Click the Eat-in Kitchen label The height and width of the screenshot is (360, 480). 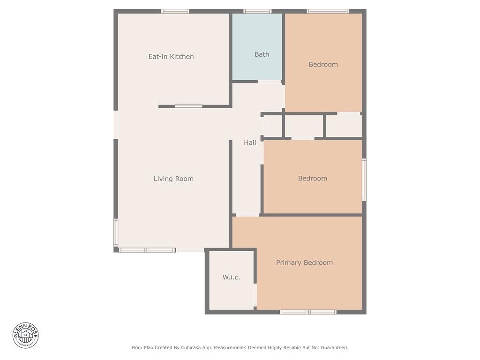tap(171, 57)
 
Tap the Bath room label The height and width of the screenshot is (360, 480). tap(262, 54)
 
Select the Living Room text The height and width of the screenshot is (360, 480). tap(173, 179)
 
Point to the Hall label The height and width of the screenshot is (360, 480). tap(250, 142)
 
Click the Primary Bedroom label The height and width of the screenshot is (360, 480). tap(304, 262)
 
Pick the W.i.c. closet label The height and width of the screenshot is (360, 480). tap(231, 277)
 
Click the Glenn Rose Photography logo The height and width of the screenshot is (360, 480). tap(26, 335)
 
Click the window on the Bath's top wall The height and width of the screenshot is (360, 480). tap(257, 11)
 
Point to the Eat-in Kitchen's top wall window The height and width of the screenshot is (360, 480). tap(175, 11)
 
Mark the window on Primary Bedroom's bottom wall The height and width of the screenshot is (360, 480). tap(308, 312)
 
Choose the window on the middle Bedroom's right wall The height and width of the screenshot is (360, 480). tap(364, 180)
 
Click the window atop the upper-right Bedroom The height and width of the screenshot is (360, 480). tap(328, 11)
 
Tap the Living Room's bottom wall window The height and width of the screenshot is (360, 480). tap(147, 250)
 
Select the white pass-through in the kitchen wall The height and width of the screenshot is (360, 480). tap(188, 106)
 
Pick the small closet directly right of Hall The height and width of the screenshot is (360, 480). tap(272, 126)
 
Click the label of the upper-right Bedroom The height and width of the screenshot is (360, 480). tap(323, 65)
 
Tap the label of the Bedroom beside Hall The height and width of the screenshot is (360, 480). tap(313, 178)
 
